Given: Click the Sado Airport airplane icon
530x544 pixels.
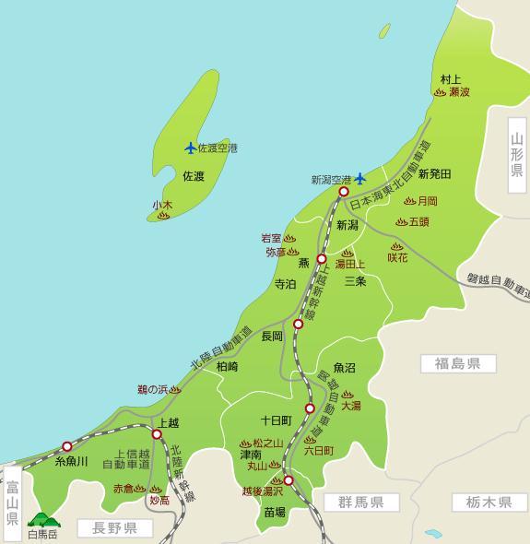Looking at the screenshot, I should (191, 148).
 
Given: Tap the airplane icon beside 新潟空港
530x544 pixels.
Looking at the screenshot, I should (360, 178).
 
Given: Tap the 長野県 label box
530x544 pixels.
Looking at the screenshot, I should (107, 528).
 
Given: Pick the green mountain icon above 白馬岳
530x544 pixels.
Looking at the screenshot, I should (41, 521).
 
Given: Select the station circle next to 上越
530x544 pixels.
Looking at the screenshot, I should (157, 433).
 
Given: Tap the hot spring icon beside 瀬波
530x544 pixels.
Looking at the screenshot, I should (440, 93).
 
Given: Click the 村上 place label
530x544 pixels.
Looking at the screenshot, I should (451, 79).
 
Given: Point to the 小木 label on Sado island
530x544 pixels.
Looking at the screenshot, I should (163, 205).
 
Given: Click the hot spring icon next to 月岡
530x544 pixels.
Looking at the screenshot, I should (409, 201).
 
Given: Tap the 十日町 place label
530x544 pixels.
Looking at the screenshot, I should (276, 419).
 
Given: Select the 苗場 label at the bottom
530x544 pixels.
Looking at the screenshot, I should (274, 510).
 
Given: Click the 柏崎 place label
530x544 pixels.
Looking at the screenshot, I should (227, 366).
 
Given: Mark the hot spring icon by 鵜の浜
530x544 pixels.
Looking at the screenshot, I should (176, 391).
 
